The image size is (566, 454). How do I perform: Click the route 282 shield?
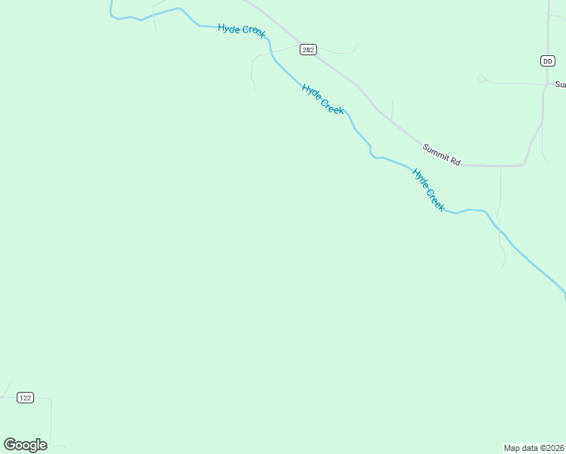pyautogui.click(x=307, y=50)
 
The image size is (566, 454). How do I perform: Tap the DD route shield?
pyautogui.click(x=548, y=61)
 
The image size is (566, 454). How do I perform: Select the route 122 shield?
pyautogui.click(x=26, y=398)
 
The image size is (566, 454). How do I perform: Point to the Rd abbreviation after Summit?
pyautogui.click(x=455, y=160)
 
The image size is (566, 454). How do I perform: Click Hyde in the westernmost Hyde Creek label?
pyautogui.click(x=229, y=28)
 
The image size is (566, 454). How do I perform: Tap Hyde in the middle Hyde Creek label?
pyautogui.click(x=312, y=92)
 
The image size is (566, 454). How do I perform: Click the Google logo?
pyautogui.click(x=25, y=445)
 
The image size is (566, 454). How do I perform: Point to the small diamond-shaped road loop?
pyautogui.click(x=481, y=78)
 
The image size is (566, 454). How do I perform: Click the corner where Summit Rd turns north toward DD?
pyautogui.click(x=524, y=163)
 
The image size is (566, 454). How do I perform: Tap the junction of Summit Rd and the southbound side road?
pyautogui.click(x=501, y=166)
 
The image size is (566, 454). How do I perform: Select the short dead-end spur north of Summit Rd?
pyautogui.click(x=392, y=108)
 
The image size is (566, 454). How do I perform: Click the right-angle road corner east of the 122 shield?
pyautogui.click(x=50, y=399)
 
